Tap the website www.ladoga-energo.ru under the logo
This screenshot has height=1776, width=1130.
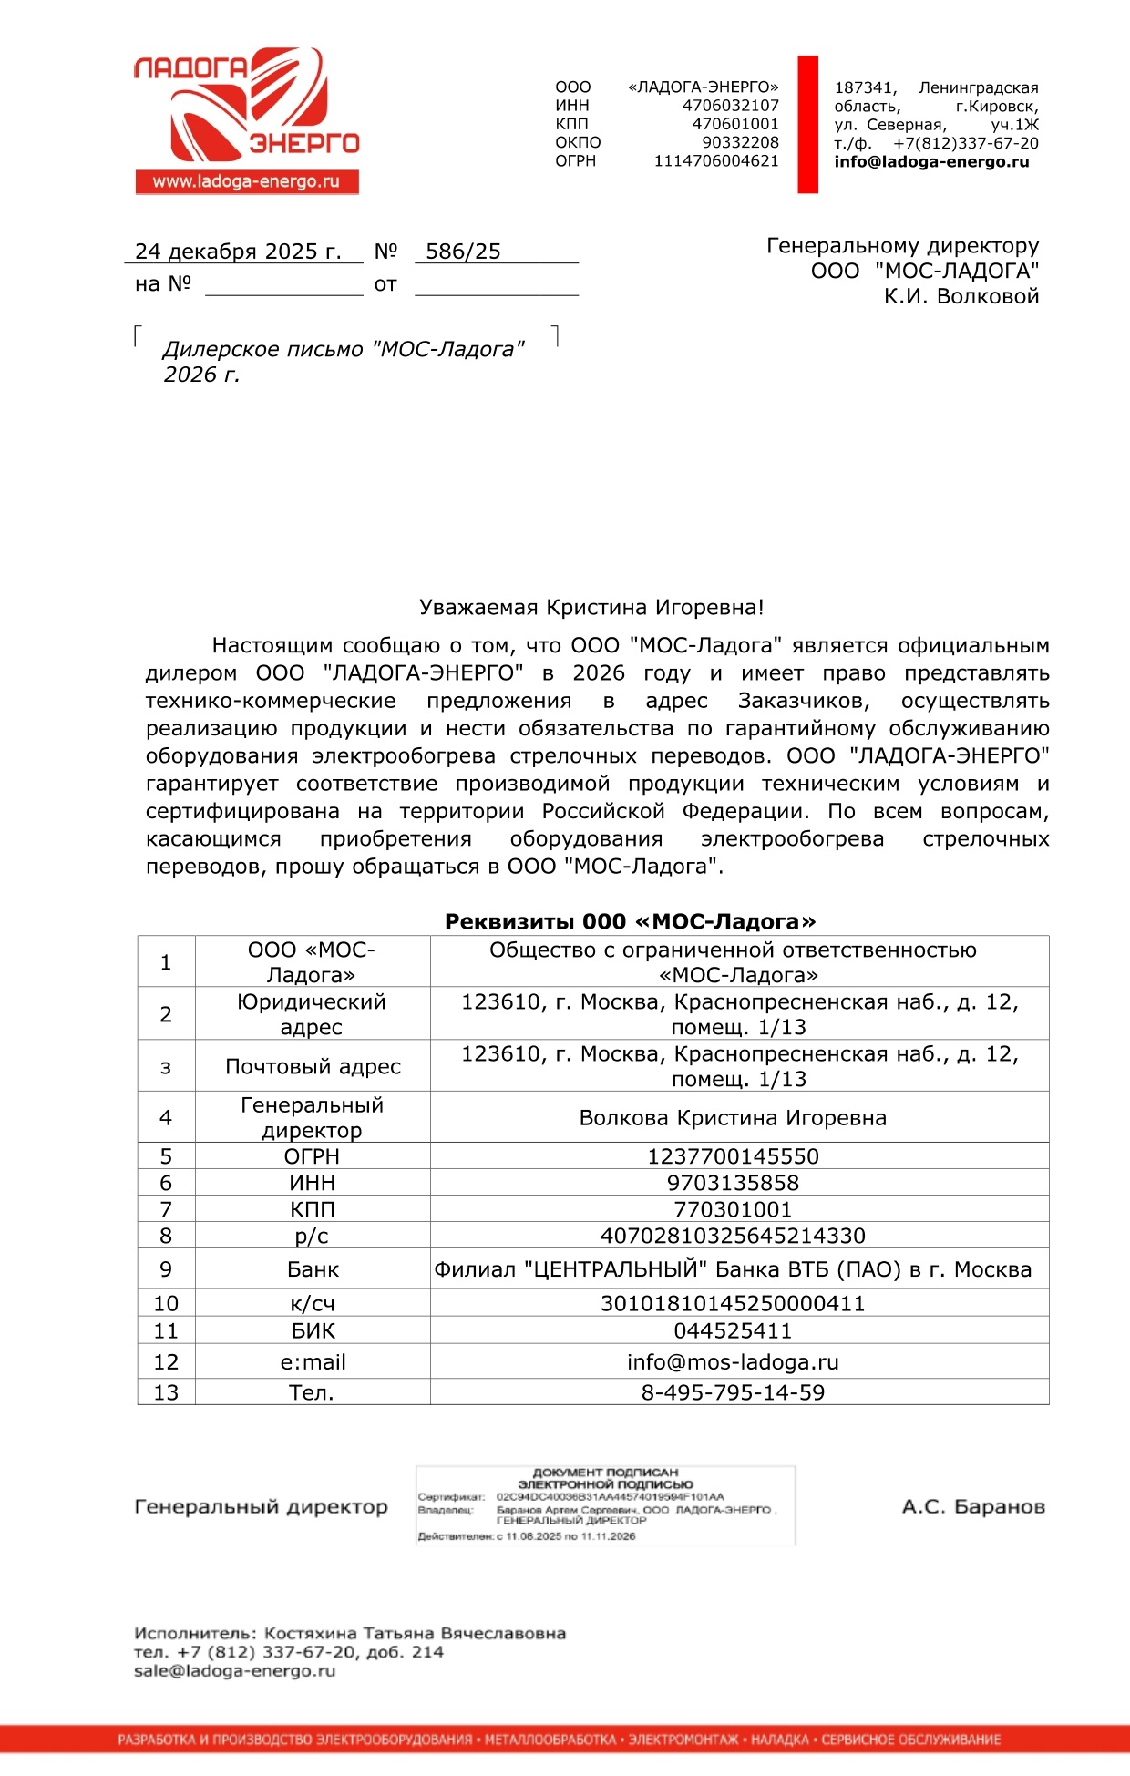click(x=246, y=181)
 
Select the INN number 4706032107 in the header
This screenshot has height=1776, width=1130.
click(x=731, y=106)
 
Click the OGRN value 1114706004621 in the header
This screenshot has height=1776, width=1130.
click(x=716, y=161)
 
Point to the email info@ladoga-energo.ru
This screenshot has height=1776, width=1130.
click(x=931, y=162)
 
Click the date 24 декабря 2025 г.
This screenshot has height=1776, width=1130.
click(x=238, y=252)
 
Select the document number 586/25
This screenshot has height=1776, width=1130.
click(x=463, y=252)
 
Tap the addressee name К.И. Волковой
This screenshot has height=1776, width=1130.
click(x=960, y=296)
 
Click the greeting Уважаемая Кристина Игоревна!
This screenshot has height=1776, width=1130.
click(x=591, y=608)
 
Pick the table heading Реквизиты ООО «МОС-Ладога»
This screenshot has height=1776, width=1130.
click(x=630, y=921)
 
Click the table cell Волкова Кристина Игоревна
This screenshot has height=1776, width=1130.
click(x=733, y=1118)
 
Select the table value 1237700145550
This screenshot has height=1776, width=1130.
click(x=733, y=1156)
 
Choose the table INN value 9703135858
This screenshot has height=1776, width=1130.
click(x=733, y=1183)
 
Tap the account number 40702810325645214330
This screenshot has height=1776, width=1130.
click(x=733, y=1236)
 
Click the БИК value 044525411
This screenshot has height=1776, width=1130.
click(x=733, y=1330)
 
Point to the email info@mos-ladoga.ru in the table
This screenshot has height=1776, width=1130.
click(x=733, y=1362)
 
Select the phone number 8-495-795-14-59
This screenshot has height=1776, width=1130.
click(x=733, y=1392)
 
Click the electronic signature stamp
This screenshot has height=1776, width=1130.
click(x=605, y=1504)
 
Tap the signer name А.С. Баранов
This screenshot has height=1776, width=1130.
click(x=973, y=1507)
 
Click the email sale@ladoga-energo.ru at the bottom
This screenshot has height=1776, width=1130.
click(x=234, y=1671)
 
